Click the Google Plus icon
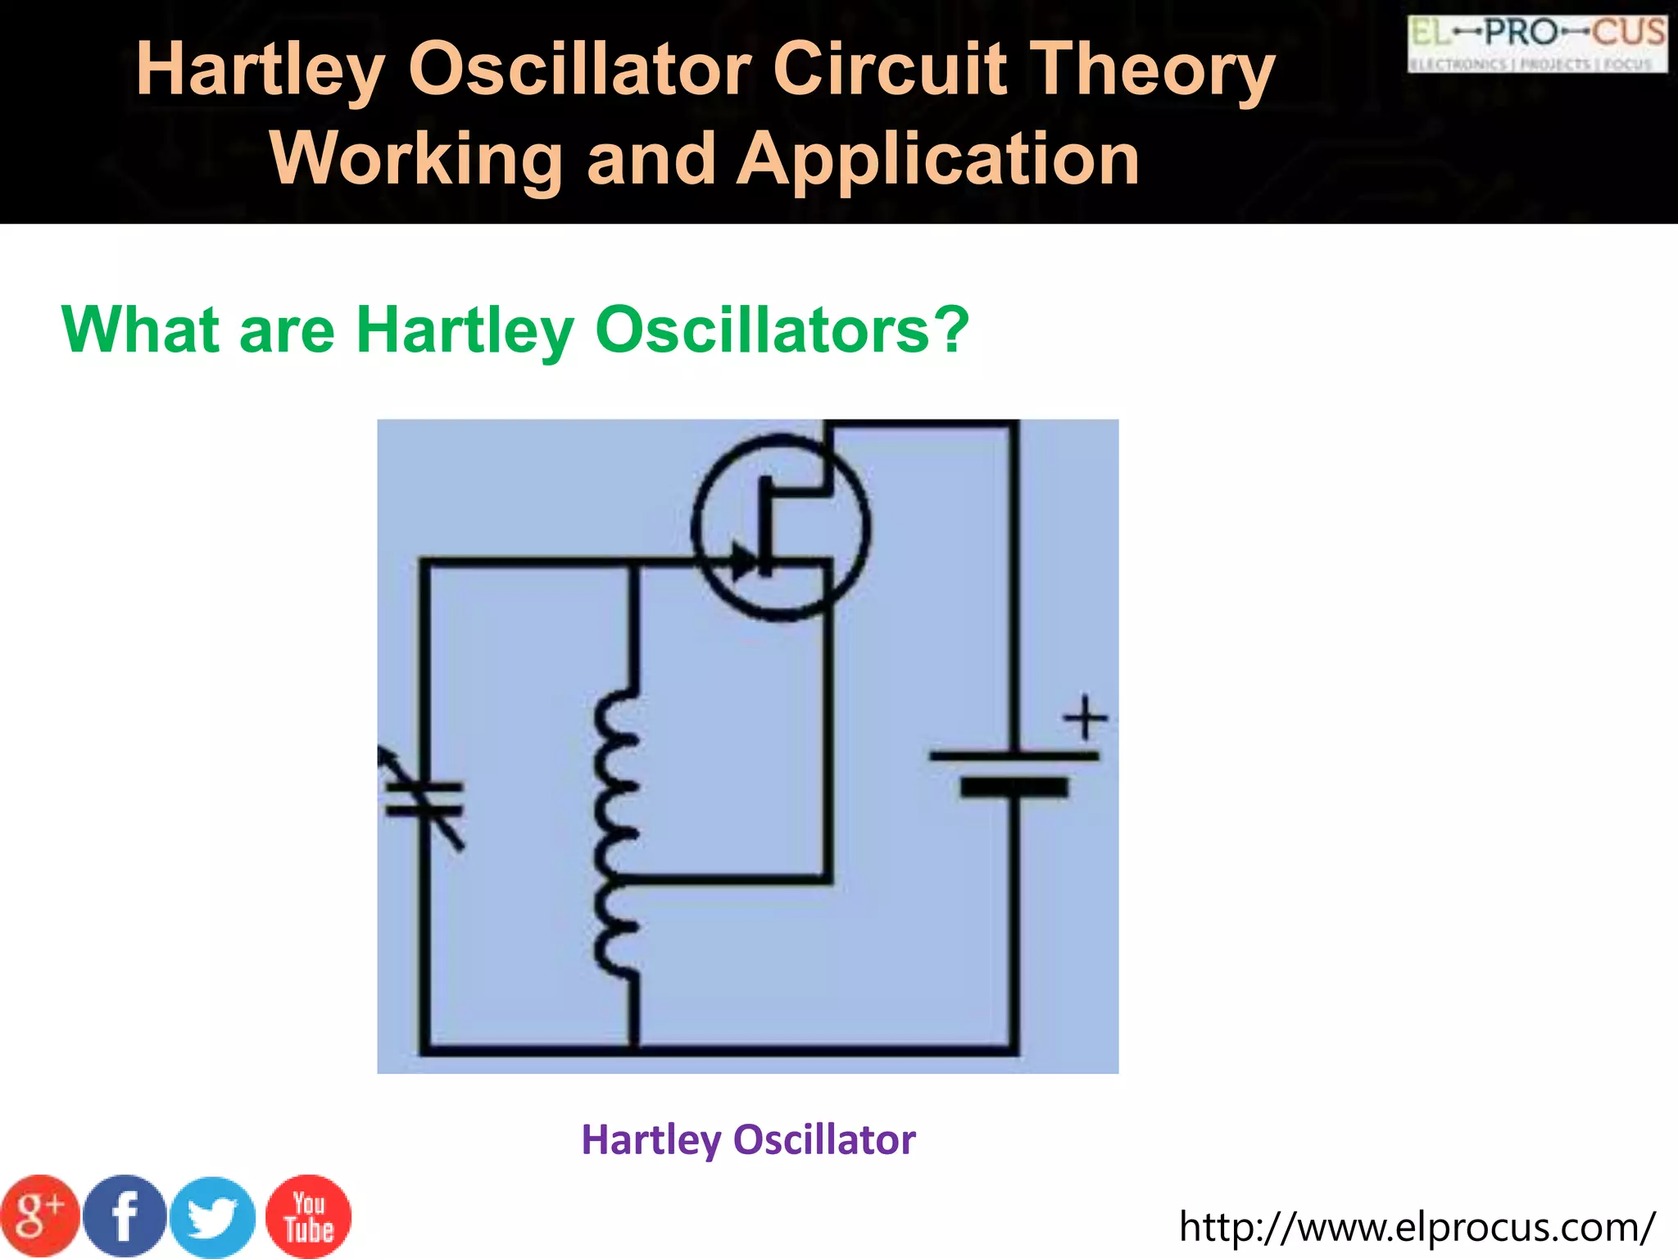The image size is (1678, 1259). (40, 1216)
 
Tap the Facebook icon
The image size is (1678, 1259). (125, 1216)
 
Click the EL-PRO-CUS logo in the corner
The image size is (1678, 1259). (1537, 44)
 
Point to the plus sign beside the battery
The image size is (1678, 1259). (1085, 718)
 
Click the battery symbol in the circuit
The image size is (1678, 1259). (1014, 772)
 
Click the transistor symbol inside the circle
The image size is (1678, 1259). (780, 528)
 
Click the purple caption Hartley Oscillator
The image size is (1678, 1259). (748, 1139)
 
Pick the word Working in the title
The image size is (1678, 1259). (415, 159)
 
